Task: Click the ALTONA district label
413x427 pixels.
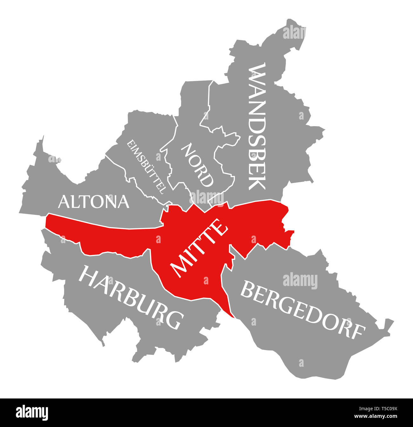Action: pos(94,202)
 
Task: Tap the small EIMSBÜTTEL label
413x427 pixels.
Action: pos(146,167)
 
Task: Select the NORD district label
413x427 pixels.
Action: pos(197,165)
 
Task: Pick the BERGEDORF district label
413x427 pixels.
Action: pos(302,311)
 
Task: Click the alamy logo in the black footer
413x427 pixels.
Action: pos(32,412)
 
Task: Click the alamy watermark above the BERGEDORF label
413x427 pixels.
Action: pos(300,281)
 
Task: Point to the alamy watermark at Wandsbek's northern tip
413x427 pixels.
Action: pos(294,33)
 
